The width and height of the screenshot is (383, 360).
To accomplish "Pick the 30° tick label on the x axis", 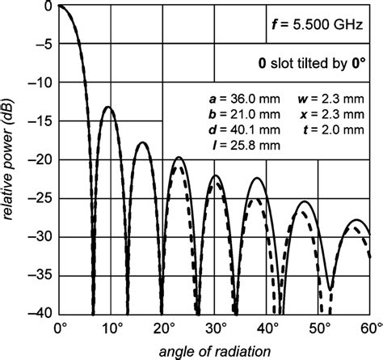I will tap(216, 328).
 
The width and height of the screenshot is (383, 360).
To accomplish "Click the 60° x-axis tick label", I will tap(371, 328).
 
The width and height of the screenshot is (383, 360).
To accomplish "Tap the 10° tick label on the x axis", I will tap(112, 328).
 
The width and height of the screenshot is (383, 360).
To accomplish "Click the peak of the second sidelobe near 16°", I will tap(142, 142).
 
